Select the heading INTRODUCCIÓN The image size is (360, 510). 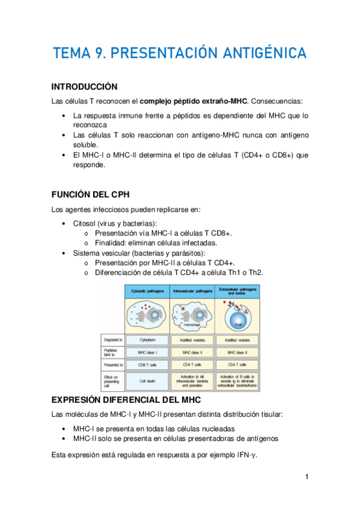click(84, 87)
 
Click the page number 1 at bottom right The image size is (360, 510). click(307, 477)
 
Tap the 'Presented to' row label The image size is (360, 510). click(113, 364)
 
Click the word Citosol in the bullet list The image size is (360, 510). click(87, 223)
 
